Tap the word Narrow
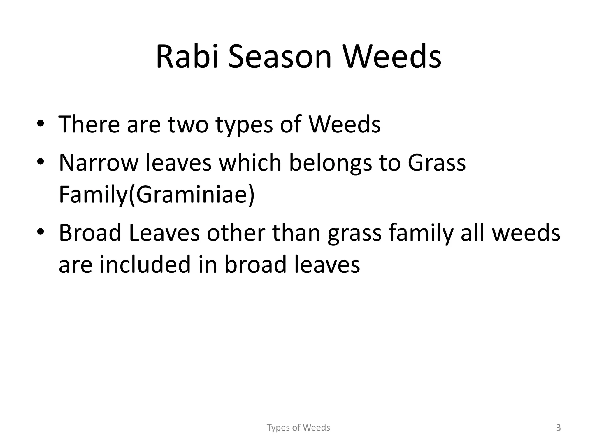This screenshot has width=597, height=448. [98, 162]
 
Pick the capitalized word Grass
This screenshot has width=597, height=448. [436, 162]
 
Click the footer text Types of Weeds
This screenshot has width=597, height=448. [298, 428]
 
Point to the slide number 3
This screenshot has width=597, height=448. [558, 428]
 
